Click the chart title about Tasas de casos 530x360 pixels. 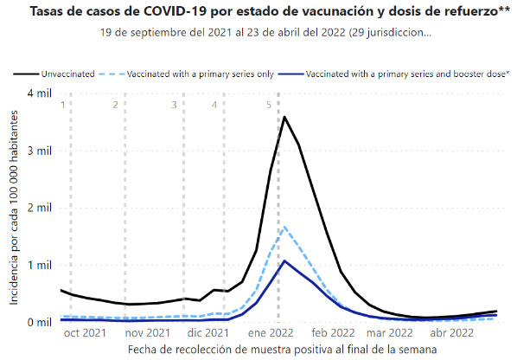coord(264,12)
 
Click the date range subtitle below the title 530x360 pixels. coord(264,32)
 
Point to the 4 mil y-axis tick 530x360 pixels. coord(40,93)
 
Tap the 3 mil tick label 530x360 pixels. coord(40,151)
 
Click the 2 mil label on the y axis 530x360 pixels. coord(40,208)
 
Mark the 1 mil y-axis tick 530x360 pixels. coord(40,265)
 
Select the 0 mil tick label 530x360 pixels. coord(40,322)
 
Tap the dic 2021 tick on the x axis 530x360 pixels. coord(208,332)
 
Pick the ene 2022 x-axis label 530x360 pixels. coord(271,332)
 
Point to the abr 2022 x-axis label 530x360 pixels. coord(452,332)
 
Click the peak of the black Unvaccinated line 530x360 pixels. coord(284,117)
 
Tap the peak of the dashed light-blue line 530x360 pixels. coord(284,227)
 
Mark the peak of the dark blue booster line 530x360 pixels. coord(284,260)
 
